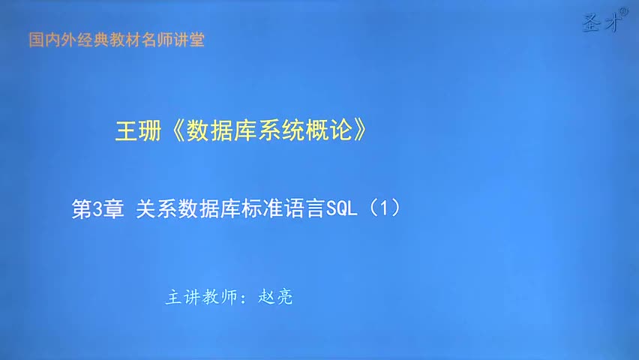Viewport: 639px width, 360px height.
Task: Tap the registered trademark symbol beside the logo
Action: click(624, 12)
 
